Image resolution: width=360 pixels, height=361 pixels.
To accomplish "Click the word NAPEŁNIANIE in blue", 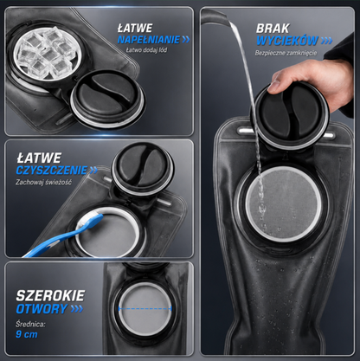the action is (149, 40).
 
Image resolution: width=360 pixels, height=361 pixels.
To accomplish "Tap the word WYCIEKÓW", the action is (287, 41).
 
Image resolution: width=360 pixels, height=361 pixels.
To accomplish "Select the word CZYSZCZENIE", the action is (52, 171).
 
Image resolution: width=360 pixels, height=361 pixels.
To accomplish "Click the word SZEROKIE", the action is (50, 295).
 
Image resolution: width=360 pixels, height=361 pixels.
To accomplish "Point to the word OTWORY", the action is (42, 309).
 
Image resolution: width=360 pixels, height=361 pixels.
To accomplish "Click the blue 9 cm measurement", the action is (27, 334).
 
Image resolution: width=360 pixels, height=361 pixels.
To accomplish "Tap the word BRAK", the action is (273, 29).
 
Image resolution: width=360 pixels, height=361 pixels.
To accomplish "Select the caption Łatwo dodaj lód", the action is (146, 50).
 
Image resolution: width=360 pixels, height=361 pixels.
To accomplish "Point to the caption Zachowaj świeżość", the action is (43, 183).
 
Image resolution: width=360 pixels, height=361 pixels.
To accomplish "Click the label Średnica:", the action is (30, 324).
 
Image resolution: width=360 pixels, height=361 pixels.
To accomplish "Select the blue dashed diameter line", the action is (145, 309).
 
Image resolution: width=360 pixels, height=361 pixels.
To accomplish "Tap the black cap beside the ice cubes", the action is (107, 98).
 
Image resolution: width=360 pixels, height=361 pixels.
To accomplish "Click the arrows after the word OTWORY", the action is (77, 309).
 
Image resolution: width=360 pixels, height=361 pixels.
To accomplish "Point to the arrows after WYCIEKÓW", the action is (326, 41).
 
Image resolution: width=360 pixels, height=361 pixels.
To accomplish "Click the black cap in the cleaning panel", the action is (143, 168).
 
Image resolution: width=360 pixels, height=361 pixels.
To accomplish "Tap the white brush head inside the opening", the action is (88, 221).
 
